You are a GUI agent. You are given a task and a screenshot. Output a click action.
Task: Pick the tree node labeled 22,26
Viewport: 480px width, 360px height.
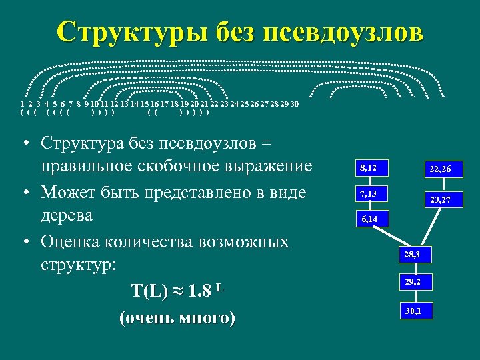(x=441, y=169)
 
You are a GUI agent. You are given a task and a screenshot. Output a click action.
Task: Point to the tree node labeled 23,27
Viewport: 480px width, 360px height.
(x=441, y=199)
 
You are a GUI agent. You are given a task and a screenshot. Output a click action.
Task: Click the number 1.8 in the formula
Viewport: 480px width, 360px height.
(x=200, y=292)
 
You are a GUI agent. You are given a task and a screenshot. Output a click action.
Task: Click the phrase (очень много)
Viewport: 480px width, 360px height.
(x=176, y=318)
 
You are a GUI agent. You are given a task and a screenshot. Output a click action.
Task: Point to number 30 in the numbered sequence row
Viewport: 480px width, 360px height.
(x=295, y=104)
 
